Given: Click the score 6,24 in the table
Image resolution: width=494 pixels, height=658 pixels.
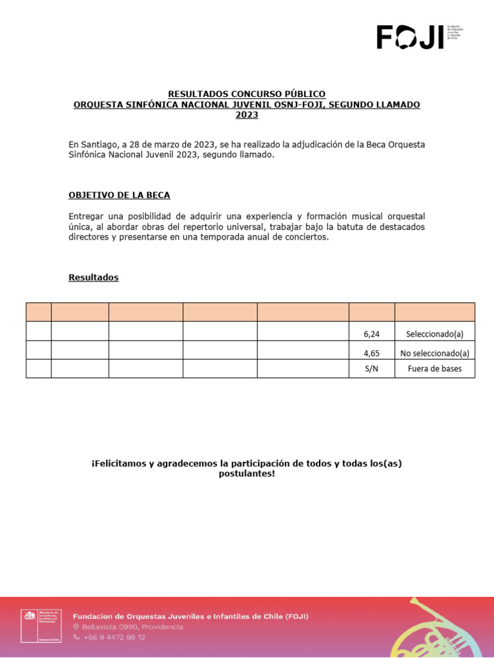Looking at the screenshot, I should point(372,334).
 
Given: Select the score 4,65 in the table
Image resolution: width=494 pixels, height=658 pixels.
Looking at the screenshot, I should point(372,353).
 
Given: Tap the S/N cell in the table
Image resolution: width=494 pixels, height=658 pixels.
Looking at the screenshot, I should point(371,369).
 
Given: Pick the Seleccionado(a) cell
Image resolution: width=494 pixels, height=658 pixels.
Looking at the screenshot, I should point(435,334).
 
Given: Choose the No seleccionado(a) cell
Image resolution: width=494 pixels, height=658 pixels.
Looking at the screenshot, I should point(435,353).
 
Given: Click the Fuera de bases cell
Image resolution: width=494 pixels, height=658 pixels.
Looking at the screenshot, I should point(435,369).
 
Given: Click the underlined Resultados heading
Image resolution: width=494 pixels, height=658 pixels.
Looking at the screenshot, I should point(93,278).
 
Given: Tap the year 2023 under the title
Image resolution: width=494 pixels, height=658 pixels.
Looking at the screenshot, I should point(247,115).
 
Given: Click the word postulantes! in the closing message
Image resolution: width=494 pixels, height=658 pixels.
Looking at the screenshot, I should point(247,474).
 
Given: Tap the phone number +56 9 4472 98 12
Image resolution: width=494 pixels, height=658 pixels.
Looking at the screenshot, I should point(114,637).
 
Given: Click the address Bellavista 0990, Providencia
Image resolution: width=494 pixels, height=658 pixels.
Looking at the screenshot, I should point(132,627).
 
